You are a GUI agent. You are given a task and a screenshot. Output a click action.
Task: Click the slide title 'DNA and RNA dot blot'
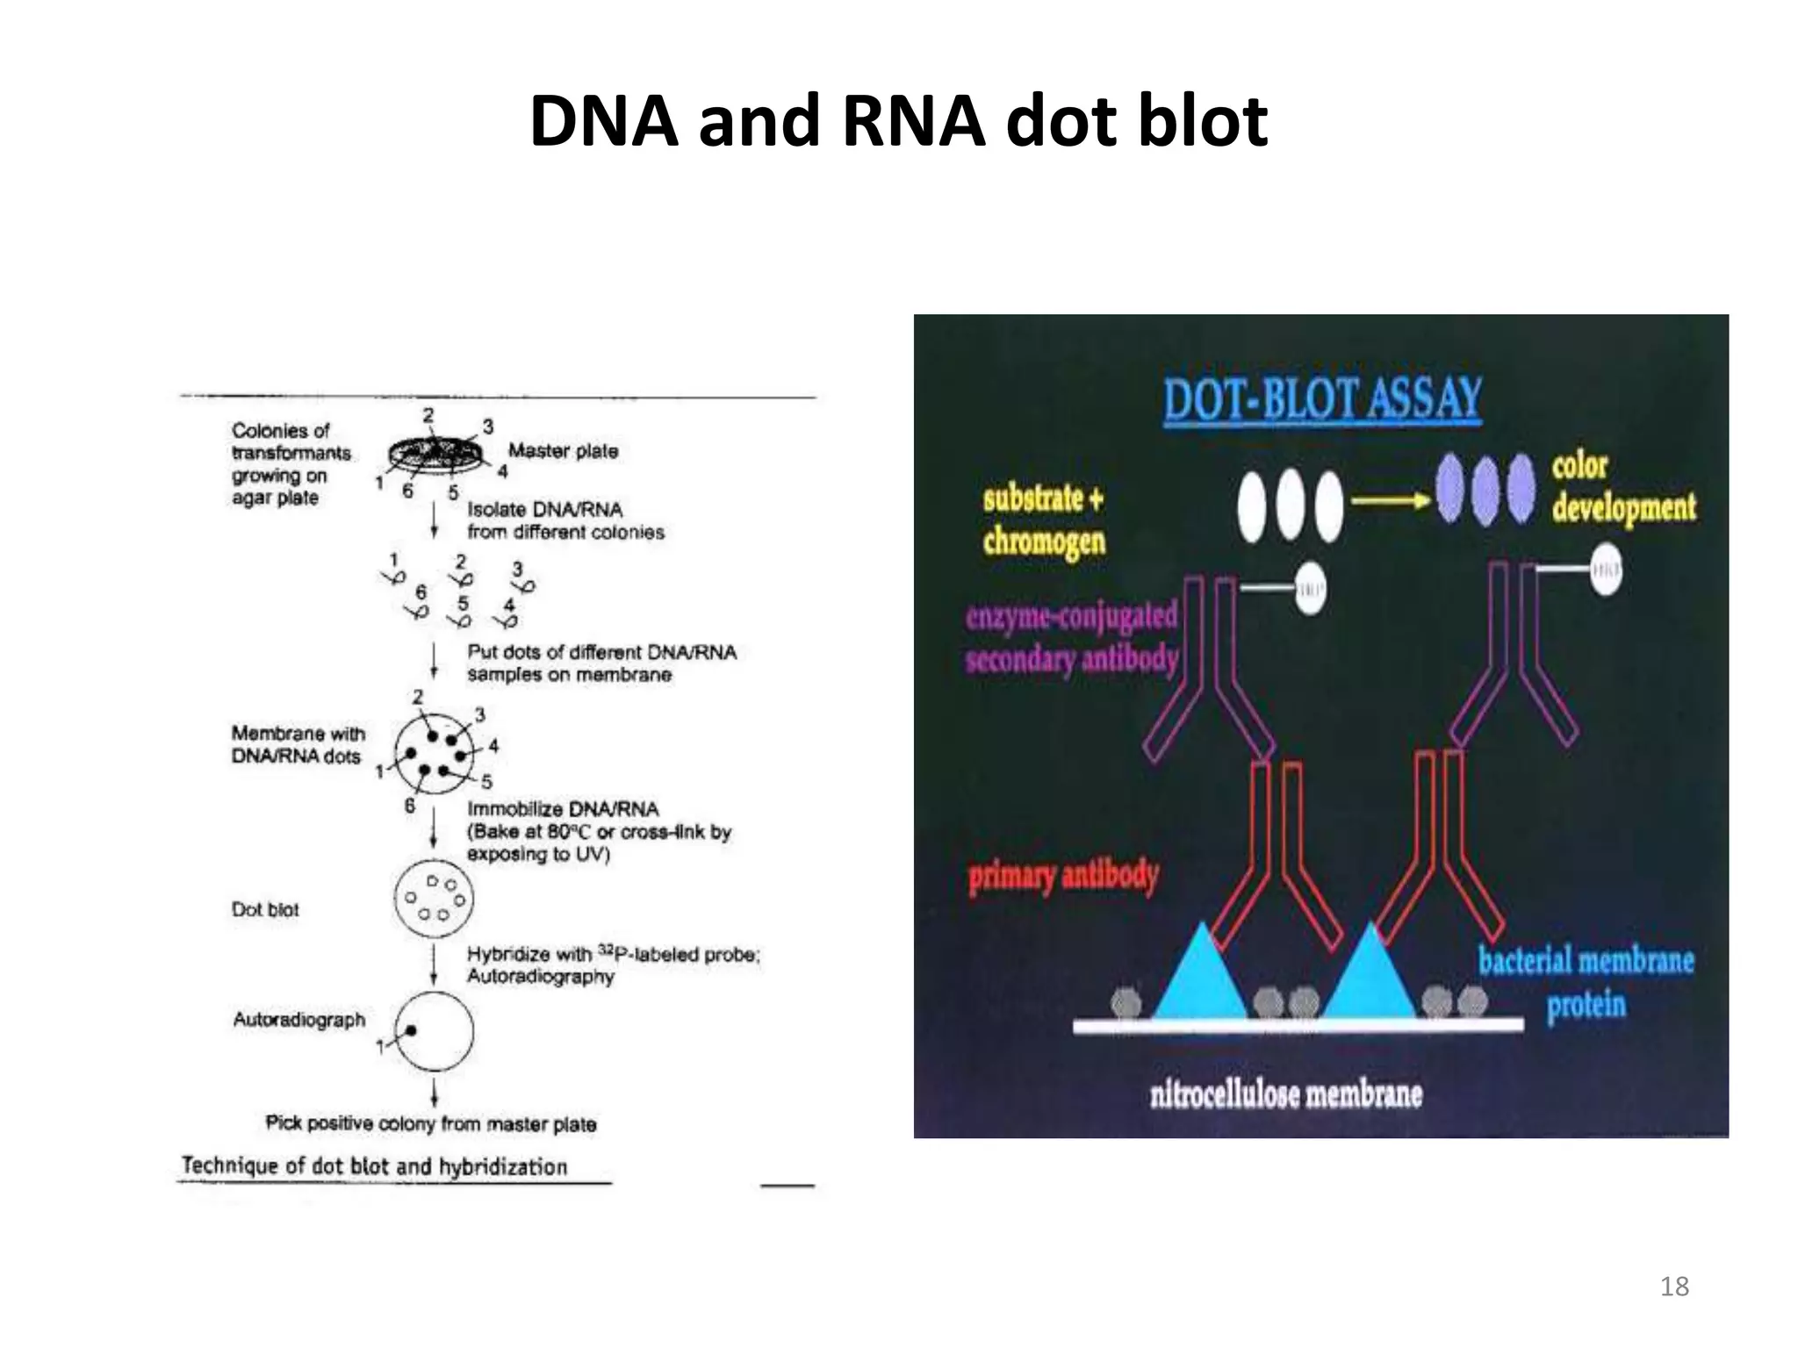(898, 120)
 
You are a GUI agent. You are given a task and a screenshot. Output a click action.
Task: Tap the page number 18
(1674, 1287)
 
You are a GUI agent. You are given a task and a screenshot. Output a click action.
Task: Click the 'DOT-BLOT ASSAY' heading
(1322, 399)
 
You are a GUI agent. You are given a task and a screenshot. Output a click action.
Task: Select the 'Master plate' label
(563, 451)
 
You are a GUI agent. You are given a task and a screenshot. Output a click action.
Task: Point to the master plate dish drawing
(435, 455)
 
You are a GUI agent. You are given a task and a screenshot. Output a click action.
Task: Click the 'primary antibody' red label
(1063, 876)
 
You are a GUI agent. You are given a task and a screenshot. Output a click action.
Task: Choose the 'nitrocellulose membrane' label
(1285, 1094)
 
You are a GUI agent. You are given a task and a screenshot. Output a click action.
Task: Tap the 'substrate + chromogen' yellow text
(1044, 520)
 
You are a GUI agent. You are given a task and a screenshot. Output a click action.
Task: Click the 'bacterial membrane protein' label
(1586, 982)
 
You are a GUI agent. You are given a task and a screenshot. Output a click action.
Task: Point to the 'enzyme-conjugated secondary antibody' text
(1071, 637)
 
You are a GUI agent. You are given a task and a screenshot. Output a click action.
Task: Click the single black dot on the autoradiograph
(410, 1031)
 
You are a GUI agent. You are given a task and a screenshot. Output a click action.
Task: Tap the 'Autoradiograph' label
(298, 1020)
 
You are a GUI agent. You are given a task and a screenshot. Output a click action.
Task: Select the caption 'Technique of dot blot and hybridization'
(374, 1166)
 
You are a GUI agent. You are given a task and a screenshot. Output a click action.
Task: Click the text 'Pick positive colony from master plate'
(430, 1123)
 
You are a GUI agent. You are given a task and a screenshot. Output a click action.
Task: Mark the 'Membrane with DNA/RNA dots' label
(298, 744)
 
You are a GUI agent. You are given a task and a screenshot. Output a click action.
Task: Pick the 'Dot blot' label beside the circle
(265, 910)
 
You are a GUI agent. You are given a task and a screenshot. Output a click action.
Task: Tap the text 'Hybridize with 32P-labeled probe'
(612, 954)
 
